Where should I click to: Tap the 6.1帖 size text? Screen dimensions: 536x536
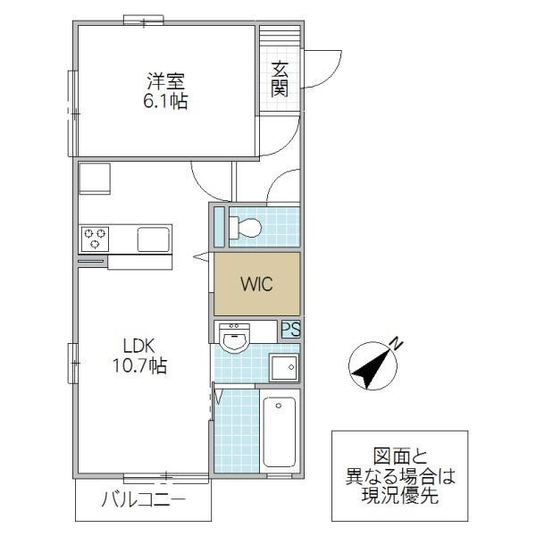pos(165,101)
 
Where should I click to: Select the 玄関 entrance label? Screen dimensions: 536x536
pos(280,78)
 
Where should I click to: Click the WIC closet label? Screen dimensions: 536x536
pos(256,284)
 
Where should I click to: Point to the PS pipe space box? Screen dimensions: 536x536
pos(290,330)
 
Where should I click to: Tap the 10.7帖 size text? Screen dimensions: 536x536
pos(139,365)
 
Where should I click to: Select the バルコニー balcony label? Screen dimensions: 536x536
pos(143,498)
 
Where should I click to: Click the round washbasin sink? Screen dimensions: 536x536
pos(237,339)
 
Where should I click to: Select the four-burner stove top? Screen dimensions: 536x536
pos(96,239)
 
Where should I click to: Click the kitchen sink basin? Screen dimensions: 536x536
pos(153,239)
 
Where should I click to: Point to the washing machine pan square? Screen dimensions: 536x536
pos(284,367)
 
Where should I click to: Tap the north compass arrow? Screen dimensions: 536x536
pos(373,366)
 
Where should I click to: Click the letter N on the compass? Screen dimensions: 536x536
pos(398,342)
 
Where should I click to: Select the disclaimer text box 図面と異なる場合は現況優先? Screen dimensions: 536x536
pos(400,476)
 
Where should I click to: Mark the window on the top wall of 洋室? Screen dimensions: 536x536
pos(144,21)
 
